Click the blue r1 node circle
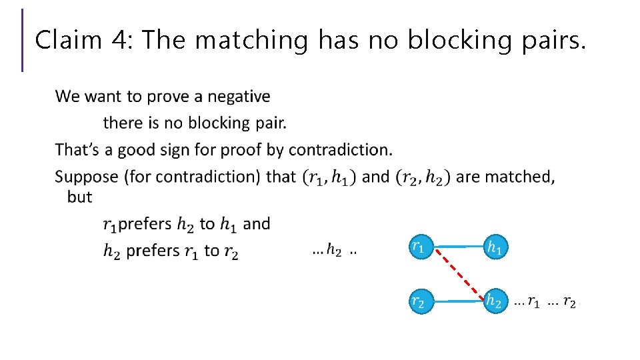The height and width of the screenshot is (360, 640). pos(417,247)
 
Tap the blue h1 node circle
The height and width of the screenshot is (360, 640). pos(494,247)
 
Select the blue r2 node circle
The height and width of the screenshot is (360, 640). pos(417,301)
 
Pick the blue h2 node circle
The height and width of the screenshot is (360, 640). pos(494,301)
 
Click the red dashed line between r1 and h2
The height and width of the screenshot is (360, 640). pos(455,274)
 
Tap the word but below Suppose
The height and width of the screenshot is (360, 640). pos(79,197)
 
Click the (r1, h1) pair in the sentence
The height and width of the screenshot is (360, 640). pos(329,177)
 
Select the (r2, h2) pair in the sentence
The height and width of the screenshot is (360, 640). pos(423,177)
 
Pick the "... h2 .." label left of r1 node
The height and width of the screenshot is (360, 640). pos(334,251)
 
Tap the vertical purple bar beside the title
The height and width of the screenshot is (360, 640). pos(23,40)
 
